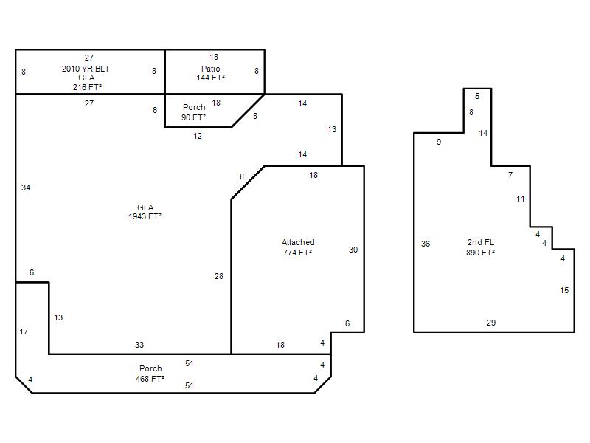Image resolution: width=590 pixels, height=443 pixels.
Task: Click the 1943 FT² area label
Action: tap(145, 216)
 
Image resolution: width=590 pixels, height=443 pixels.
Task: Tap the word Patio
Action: tap(211, 69)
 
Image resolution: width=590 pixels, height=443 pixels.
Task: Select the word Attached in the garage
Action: tap(298, 242)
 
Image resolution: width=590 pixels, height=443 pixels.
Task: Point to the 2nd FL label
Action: tap(481, 242)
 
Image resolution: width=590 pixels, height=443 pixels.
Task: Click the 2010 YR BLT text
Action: tap(86, 69)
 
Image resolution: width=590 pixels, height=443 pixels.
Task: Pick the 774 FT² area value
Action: tap(297, 253)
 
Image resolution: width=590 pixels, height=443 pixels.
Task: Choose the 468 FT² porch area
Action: tap(150, 379)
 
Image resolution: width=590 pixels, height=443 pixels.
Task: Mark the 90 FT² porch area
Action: tap(193, 117)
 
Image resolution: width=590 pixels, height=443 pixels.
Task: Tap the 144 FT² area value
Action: tap(210, 78)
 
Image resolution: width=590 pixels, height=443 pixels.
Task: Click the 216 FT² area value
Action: tap(87, 87)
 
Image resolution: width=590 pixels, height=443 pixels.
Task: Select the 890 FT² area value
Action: tap(481, 253)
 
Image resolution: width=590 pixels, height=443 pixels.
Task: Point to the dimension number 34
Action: tap(26, 188)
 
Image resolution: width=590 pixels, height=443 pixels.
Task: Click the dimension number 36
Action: tap(426, 244)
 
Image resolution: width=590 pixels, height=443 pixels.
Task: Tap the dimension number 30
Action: tap(353, 250)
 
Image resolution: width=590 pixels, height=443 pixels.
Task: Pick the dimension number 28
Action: tap(218, 276)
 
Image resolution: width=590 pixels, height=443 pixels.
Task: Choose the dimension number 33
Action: tap(139, 345)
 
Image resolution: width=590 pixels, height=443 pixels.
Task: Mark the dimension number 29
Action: tap(491, 323)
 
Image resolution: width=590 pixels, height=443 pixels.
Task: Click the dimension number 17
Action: tap(24, 332)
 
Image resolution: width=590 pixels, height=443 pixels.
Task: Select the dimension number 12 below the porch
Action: tap(198, 136)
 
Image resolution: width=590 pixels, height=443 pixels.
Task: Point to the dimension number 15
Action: tap(564, 290)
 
